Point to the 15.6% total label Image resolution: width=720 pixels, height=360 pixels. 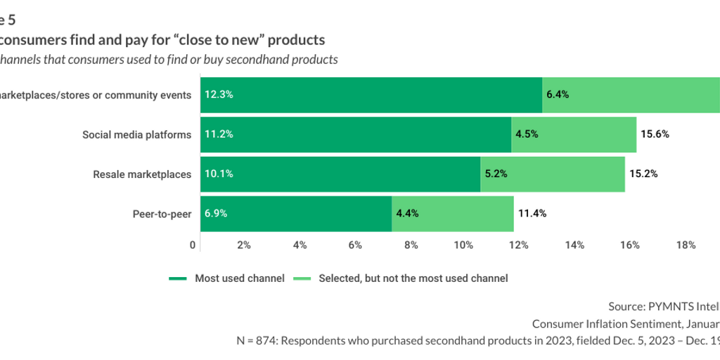pyautogui.click(x=654, y=134)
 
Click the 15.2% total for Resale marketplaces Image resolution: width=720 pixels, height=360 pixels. pyautogui.click(x=643, y=174)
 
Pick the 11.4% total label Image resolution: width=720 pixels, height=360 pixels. pyautogui.click(x=532, y=213)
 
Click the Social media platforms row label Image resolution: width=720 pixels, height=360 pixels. pyautogui.click(x=136, y=134)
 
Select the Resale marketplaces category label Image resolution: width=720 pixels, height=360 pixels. pyautogui.click(x=142, y=174)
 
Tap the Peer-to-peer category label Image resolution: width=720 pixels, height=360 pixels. pyautogui.click(x=162, y=213)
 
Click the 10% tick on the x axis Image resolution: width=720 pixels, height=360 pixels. pyautogui.click(x=463, y=245)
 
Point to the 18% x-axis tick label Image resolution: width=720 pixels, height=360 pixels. pyautogui.click(x=686, y=245)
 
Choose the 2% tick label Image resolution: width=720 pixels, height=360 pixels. pyautogui.click(x=243, y=245)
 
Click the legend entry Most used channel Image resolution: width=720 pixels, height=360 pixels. pyautogui.click(x=239, y=278)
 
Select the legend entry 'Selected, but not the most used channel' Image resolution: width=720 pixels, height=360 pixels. pyautogui.click(x=413, y=278)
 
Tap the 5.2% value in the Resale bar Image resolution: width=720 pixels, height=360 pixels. pyautogui.click(x=496, y=174)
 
